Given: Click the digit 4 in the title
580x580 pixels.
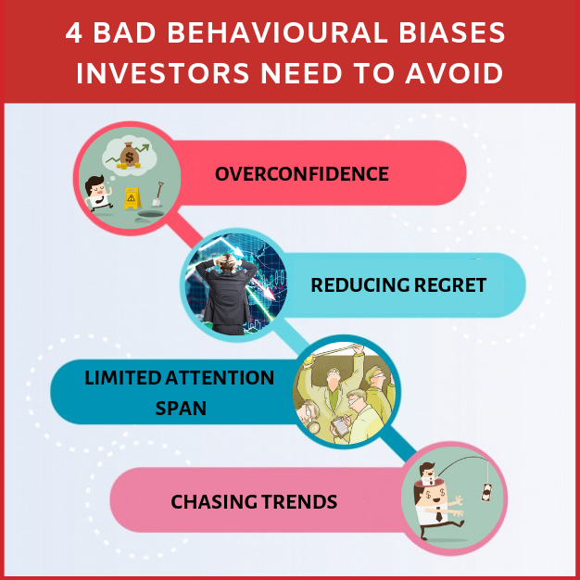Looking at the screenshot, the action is tap(73, 33).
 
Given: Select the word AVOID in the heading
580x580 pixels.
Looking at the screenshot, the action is tap(454, 73).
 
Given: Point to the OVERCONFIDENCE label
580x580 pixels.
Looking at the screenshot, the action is tap(302, 174).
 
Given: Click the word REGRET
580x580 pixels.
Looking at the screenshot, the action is tap(449, 285).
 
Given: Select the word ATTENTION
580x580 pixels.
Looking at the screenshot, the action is tap(220, 378).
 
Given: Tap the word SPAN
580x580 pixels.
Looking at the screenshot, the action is tap(181, 409).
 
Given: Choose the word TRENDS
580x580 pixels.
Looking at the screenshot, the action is tap(300, 502).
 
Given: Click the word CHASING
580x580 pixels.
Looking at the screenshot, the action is tap(214, 502).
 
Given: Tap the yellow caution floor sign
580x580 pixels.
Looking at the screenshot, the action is tap(132, 198).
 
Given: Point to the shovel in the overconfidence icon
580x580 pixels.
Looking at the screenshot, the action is tap(158, 194).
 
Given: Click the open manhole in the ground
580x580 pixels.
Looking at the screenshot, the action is tap(151, 214).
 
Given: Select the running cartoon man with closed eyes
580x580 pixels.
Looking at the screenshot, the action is tap(97, 194).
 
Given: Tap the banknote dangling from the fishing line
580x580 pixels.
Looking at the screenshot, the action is tap(486, 493).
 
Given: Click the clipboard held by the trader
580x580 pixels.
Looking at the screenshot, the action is tap(340, 426).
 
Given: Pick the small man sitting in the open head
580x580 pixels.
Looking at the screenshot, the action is tap(428, 473).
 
